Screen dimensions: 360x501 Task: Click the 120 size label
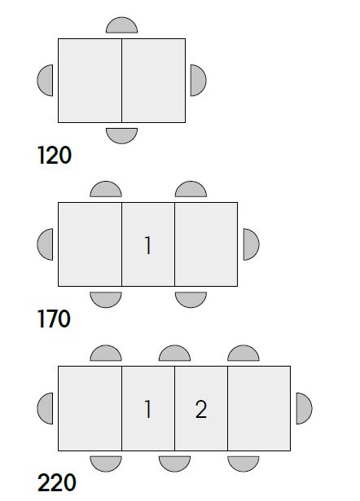[x=55, y=156]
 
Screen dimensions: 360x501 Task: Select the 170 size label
[x=54, y=319]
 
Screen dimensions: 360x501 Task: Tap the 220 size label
[x=57, y=482]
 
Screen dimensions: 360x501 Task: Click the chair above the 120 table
[x=121, y=25]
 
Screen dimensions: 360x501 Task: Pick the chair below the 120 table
[x=121, y=135]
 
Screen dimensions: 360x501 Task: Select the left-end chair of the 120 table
[x=46, y=80]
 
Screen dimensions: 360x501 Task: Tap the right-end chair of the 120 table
[x=198, y=80]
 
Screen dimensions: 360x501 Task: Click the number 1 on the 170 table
[x=147, y=245]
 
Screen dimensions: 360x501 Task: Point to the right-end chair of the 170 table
[x=251, y=244]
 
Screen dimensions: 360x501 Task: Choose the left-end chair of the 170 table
[x=46, y=244]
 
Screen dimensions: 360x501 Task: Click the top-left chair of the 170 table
[x=106, y=190]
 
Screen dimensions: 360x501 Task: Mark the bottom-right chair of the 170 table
[x=191, y=300]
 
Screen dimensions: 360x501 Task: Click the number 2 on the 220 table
[x=201, y=409]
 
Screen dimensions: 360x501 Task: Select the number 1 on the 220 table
[x=147, y=409]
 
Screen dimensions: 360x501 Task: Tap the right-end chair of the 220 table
[x=304, y=409]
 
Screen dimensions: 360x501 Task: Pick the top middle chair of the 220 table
[x=175, y=354]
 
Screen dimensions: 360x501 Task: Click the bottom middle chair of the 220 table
[x=175, y=464]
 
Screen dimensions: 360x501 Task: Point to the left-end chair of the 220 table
[x=46, y=409]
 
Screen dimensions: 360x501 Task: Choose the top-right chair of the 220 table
[x=244, y=354]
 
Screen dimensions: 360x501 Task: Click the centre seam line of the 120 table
[x=121, y=81]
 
